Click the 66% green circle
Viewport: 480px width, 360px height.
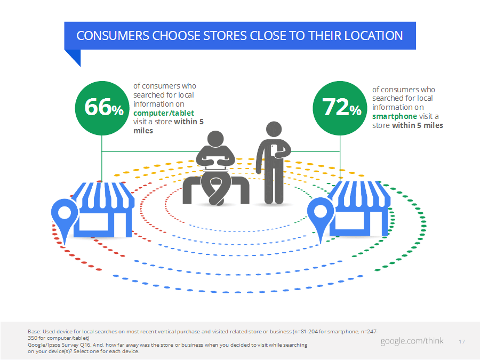102,108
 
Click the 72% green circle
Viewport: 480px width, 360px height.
340,108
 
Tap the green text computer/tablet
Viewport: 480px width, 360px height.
164,113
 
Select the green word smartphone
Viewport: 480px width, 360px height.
395,116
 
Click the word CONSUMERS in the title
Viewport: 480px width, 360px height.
113,36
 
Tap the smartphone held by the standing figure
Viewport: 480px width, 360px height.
274,150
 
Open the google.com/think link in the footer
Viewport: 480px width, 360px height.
412,341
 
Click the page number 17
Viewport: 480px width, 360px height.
462,342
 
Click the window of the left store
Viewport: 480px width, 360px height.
93,222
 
